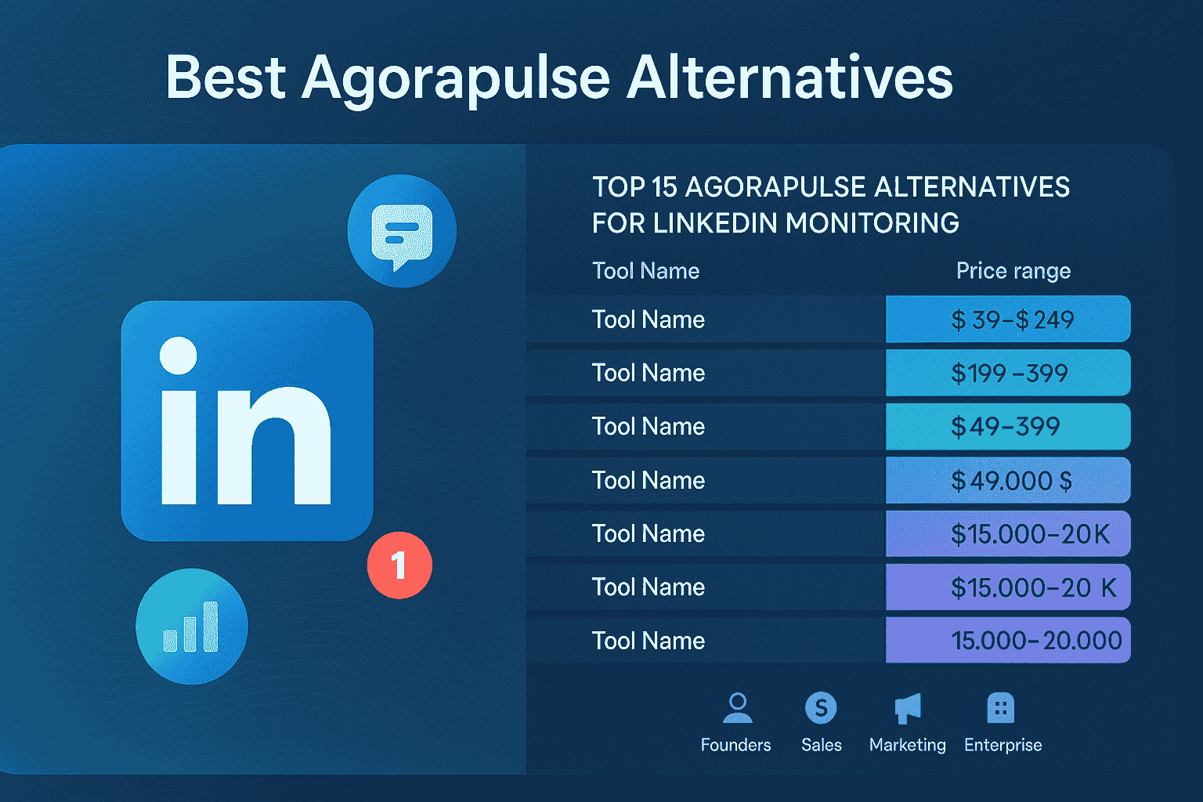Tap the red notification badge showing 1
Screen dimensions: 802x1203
[x=399, y=565]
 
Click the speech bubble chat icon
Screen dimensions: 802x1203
[x=402, y=232]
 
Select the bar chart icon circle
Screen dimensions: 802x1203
[x=192, y=626]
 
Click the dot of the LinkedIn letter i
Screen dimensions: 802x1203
[x=179, y=356]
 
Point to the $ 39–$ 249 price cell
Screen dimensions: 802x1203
[x=1008, y=320]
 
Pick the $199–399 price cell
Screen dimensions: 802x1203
[x=1008, y=373]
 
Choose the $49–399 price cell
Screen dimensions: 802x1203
[x=1008, y=427]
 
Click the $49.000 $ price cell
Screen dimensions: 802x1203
[x=1008, y=480]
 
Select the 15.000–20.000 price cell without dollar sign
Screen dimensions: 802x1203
[x=1008, y=641]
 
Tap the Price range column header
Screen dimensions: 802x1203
[x=1013, y=271]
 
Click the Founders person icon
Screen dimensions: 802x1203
[x=737, y=708]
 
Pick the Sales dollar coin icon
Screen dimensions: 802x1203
[x=821, y=708]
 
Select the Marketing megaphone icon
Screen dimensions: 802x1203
[x=908, y=708]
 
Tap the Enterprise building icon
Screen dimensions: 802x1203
[x=1000, y=708]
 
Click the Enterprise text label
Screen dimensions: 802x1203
[x=1002, y=745]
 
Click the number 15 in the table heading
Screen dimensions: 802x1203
[x=663, y=187]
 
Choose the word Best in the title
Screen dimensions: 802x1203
[x=226, y=78]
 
